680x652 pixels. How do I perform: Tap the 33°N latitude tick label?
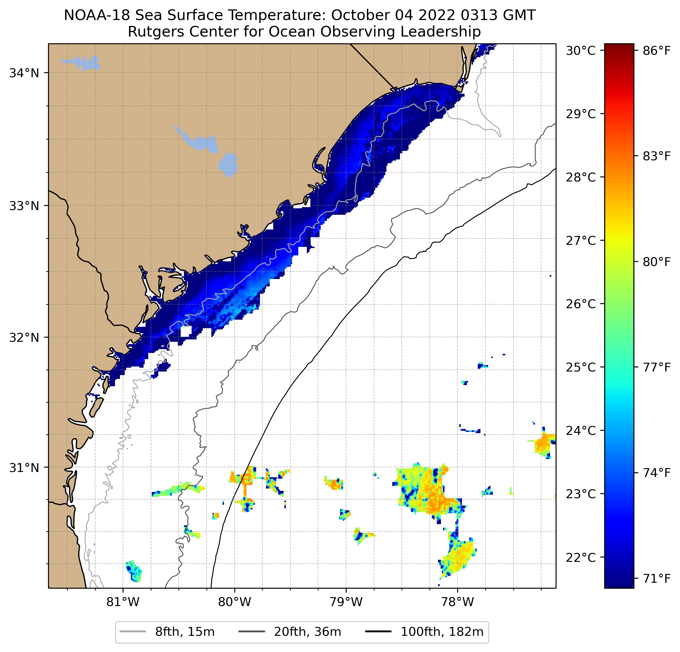click(24, 206)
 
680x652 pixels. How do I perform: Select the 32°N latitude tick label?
click(24, 337)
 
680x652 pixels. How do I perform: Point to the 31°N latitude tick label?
click(24, 468)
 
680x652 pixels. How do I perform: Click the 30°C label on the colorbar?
click(580, 51)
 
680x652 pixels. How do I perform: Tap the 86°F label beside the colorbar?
click(657, 51)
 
